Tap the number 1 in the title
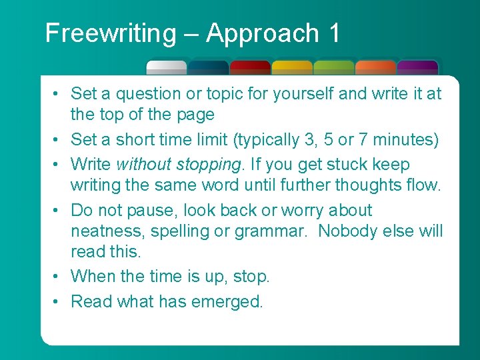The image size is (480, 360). (x=333, y=33)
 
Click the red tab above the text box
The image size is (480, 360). (x=250, y=67)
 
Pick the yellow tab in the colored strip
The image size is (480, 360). (x=292, y=67)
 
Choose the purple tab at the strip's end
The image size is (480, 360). (x=417, y=67)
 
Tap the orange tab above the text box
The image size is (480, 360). (x=376, y=67)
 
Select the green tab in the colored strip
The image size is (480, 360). (x=334, y=67)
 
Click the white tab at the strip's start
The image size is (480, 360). (x=167, y=67)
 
